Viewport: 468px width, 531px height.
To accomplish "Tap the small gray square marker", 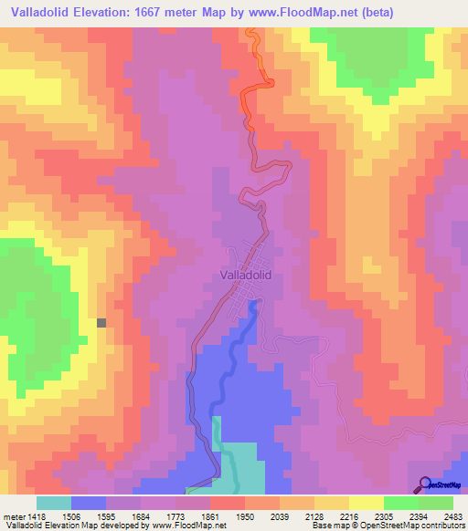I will pyautogui.click(x=101, y=322).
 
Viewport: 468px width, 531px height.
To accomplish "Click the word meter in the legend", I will pyautogui.click(x=14, y=515).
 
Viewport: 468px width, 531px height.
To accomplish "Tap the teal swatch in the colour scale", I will pyautogui.click(x=53, y=503).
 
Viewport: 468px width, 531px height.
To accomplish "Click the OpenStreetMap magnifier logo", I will pyautogui.click(x=426, y=484).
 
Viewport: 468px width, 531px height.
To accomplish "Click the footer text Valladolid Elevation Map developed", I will pyautogui.click(x=64, y=526).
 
